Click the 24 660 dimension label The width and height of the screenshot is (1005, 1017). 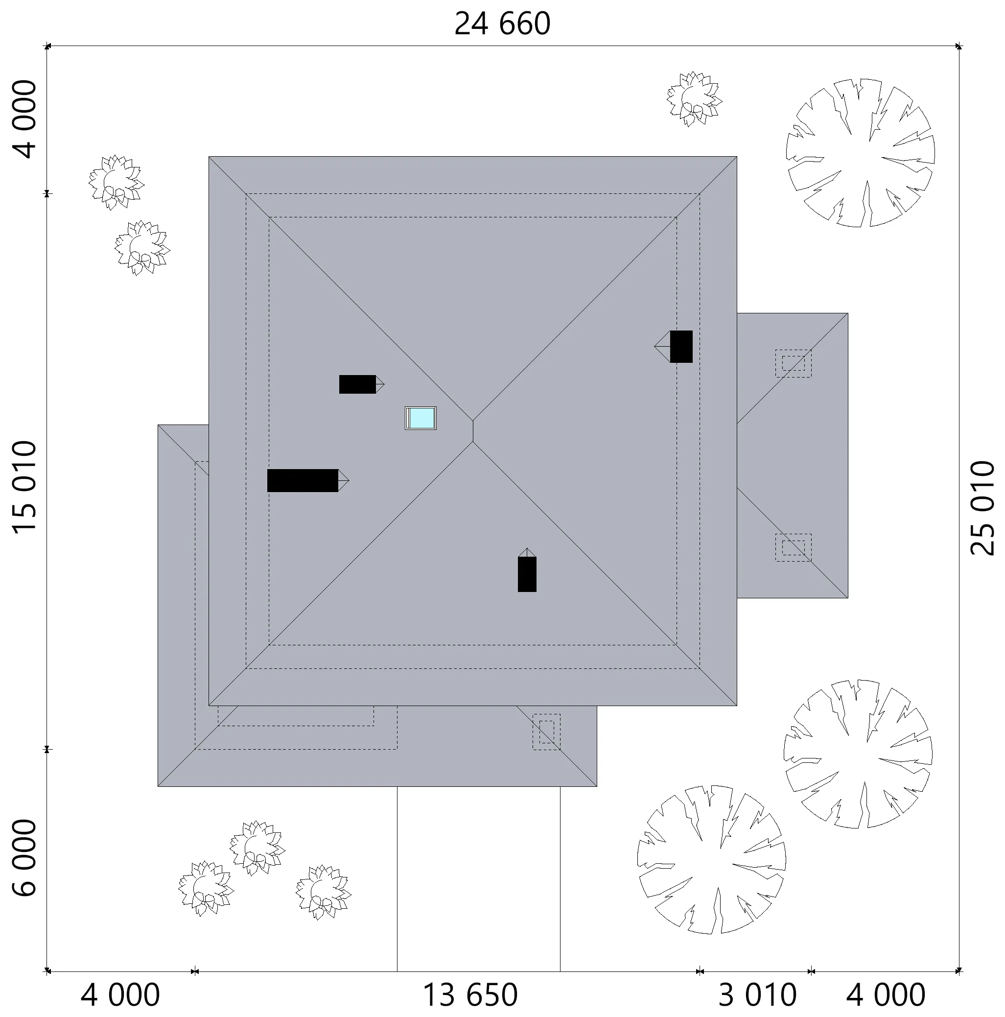pyautogui.click(x=502, y=24)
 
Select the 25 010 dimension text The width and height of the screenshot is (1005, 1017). pyautogui.click(x=982, y=508)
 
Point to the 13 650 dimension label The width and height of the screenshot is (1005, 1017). pyautogui.click(x=470, y=995)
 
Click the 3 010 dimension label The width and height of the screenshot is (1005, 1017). pyautogui.click(x=758, y=995)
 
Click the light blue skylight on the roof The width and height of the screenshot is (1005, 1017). pyautogui.click(x=421, y=418)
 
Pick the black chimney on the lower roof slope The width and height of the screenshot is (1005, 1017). pyautogui.click(x=527, y=570)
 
